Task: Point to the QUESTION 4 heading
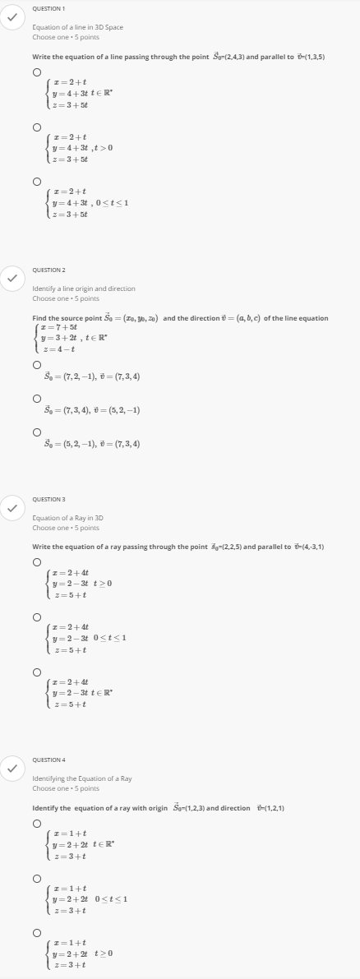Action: [48, 760]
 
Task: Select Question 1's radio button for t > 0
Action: [37, 127]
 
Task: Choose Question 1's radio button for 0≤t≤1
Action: [37, 181]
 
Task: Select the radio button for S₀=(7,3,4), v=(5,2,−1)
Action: [37, 398]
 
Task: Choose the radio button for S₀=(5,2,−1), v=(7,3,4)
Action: [37, 432]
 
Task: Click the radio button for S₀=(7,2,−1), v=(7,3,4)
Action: [37, 364]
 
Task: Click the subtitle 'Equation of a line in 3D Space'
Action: [77, 27]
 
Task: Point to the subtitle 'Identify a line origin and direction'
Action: [84, 289]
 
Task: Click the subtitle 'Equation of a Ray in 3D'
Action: [67, 518]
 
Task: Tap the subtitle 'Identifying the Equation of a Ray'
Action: [81, 778]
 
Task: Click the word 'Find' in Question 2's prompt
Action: [39, 318]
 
